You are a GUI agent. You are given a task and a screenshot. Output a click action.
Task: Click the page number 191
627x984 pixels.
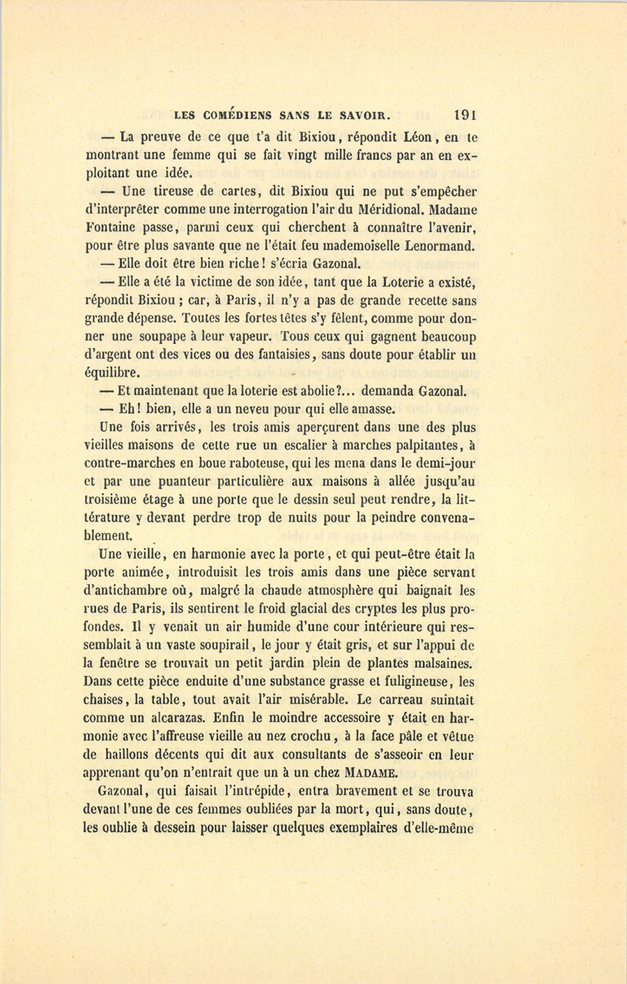pyautogui.click(x=463, y=115)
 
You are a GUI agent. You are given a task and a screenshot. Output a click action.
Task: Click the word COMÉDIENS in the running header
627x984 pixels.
pyautogui.click(x=235, y=116)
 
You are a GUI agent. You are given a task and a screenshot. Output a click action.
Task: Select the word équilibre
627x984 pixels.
pyautogui.click(x=111, y=373)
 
